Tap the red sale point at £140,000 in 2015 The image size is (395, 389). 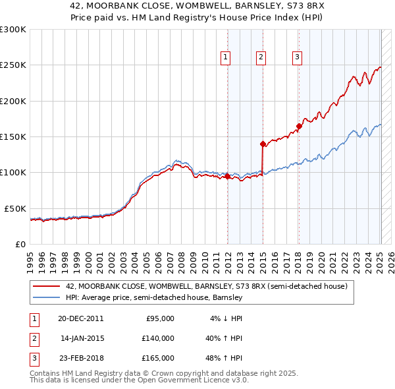263,143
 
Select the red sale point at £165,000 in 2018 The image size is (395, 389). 299,126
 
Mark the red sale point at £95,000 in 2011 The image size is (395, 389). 227,176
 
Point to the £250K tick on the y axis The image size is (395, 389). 13,65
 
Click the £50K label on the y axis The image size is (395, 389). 15,208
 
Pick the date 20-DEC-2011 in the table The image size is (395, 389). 80,318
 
